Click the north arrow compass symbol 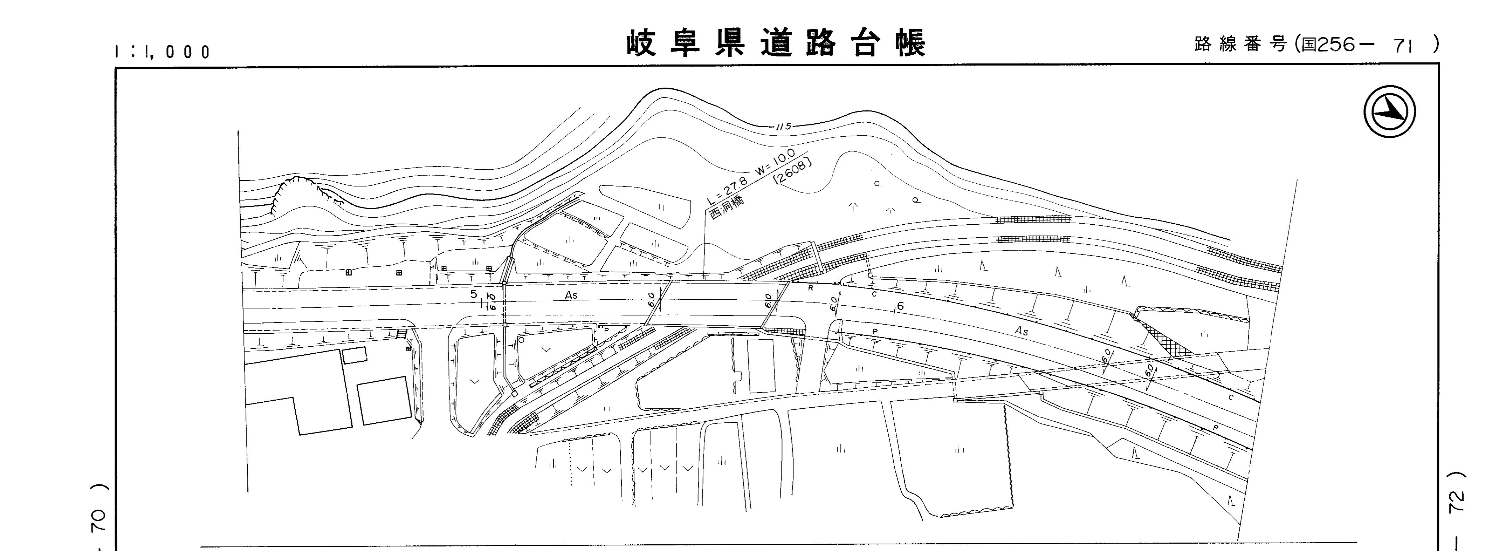click(1390, 112)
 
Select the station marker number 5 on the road click(474, 294)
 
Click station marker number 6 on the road click(900, 306)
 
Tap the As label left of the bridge click(571, 295)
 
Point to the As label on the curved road click(1022, 331)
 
